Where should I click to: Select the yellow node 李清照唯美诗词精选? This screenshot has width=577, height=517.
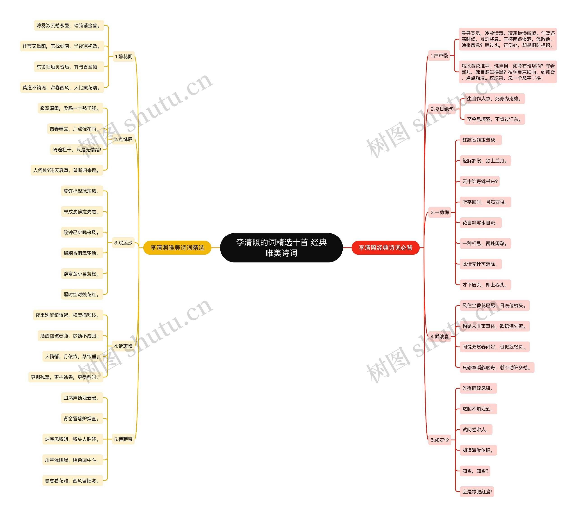177,248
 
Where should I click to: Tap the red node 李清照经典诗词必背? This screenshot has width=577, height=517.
385,248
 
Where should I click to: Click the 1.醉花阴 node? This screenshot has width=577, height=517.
124,57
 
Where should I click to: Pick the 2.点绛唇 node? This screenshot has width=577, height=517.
123,139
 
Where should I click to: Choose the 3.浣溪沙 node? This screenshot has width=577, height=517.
123,243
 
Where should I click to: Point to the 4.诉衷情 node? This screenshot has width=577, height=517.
123,346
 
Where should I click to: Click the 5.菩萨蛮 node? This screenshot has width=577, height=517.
123,439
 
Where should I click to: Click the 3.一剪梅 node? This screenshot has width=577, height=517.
440,212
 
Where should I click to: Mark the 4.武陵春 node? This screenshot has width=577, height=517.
440,336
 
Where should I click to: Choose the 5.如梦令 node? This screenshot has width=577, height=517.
440,440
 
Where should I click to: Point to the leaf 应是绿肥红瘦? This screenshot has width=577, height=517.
477,492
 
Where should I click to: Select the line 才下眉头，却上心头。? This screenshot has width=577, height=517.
485,285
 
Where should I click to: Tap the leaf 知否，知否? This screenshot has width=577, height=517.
475,471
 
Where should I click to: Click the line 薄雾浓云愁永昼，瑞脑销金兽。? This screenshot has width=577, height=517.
69,25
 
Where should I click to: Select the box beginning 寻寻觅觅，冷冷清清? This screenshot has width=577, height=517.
508,39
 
